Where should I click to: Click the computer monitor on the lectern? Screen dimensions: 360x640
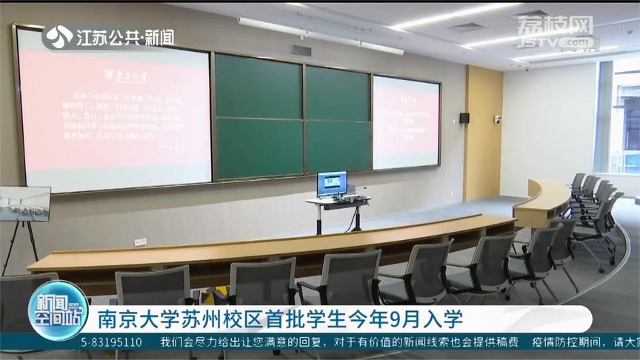tap(331, 183)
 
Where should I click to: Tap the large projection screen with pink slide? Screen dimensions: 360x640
tap(114, 109)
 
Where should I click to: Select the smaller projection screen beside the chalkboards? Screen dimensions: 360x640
tap(405, 122)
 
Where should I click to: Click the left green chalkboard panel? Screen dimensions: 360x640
tap(258, 116)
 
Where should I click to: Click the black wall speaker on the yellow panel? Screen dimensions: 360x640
tap(464, 119)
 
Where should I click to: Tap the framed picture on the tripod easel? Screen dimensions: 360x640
tap(24, 203)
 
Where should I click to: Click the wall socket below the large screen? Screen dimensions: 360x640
tap(140, 242)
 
